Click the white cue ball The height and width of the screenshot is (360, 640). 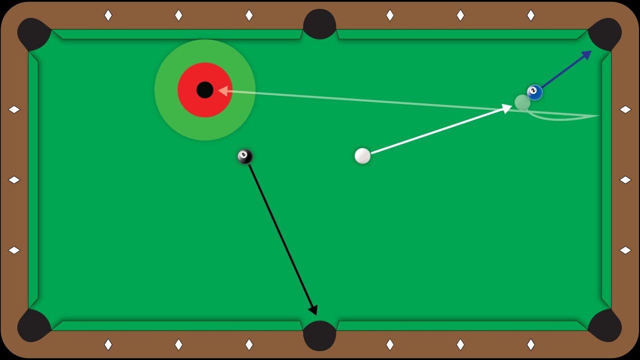pos(362,155)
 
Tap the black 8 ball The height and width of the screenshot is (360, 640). pos(245,156)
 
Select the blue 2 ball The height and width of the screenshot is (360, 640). pos(534,92)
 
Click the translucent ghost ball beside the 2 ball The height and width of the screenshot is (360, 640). pos(522,102)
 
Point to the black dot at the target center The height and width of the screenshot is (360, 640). pos(205,90)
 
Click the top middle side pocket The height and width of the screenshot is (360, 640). pos(319,24)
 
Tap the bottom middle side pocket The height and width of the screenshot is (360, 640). pos(319,335)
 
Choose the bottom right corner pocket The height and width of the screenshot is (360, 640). pos(605,325)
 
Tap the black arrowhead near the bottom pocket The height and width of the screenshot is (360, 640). pos(313,309)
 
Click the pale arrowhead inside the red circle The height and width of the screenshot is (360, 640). pos(223,91)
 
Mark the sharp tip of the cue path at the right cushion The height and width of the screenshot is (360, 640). pos(599,115)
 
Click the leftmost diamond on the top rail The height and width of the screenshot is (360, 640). pos(108,15)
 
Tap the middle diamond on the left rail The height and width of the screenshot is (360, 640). pos(14,180)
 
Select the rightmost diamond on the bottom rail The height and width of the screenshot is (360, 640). pos(531,344)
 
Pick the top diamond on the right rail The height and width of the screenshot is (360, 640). pos(625,109)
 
